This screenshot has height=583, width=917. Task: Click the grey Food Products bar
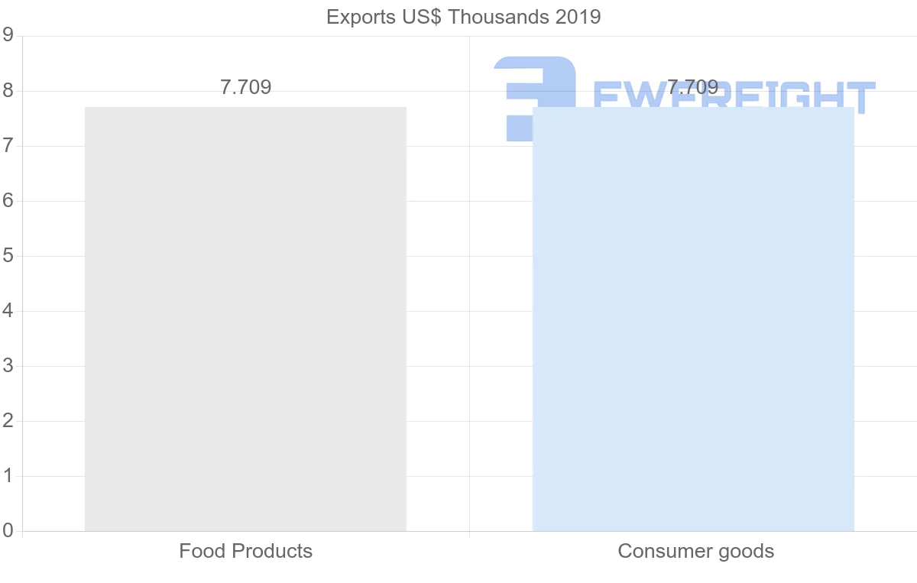(x=245, y=319)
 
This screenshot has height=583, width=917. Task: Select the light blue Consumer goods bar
(x=693, y=319)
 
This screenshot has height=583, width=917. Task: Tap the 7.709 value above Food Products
(x=245, y=87)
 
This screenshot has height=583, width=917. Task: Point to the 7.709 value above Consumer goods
(x=693, y=87)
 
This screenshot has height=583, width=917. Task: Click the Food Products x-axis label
(x=245, y=551)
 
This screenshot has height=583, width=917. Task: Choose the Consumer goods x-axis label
(x=695, y=551)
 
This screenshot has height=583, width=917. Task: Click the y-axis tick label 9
(x=8, y=35)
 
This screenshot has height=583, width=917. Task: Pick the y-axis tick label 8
(x=8, y=91)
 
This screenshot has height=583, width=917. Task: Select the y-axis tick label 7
(x=8, y=146)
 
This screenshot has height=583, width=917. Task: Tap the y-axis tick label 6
(x=8, y=201)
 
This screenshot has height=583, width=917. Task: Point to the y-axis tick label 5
(x=8, y=256)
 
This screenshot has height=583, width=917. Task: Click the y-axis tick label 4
(x=8, y=311)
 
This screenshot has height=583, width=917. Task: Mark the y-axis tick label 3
(x=8, y=366)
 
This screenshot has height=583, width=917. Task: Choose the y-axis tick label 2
(x=8, y=421)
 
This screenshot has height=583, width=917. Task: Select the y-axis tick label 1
(x=8, y=476)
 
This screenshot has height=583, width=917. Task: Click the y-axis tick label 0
(x=8, y=531)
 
